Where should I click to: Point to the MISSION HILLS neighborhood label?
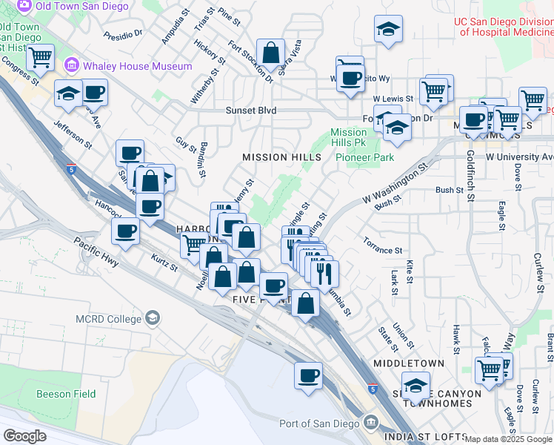pos(282,157)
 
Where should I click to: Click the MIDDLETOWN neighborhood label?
pos(409,363)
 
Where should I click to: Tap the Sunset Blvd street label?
pos(251,111)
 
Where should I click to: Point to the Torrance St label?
pos(382,245)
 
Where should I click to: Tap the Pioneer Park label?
pos(364,157)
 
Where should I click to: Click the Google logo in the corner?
pos(24,436)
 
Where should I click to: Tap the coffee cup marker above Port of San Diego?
pos(308,375)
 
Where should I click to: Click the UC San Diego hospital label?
pos(504,27)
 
